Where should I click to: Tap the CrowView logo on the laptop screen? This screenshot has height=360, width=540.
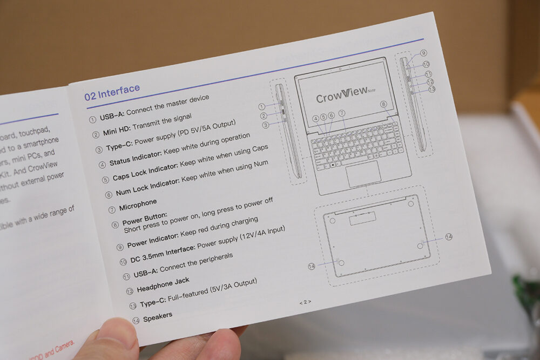341,97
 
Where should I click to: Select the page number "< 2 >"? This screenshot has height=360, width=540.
305,302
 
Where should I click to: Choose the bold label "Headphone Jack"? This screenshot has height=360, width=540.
163,284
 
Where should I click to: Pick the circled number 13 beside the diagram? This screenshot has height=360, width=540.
431,89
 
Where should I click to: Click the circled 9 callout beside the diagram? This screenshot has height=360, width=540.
423,53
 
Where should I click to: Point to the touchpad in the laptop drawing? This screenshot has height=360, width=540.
363,173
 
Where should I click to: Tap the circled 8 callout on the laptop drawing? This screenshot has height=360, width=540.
383,104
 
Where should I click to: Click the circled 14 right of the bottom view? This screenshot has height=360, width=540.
449,237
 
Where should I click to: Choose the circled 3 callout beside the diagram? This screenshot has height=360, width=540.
266,125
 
